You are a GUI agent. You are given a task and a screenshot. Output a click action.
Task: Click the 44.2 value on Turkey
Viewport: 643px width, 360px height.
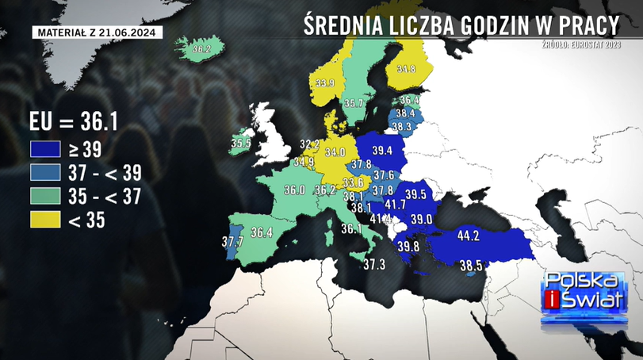pos(469,236)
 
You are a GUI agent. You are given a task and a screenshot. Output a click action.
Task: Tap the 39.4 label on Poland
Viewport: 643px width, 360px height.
pos(382,151)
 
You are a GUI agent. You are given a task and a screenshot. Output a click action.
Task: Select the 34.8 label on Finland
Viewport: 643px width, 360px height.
pos(406,69)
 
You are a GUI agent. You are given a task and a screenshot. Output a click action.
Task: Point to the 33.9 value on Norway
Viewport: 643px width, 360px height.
pos(325,82)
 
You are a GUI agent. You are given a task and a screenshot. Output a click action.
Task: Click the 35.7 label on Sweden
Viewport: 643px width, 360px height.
pos(354,103)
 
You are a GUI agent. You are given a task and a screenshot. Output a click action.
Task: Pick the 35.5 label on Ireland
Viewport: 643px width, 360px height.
pos(241,144)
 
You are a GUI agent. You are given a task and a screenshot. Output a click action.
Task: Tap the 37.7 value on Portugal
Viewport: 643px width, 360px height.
pos(232,241)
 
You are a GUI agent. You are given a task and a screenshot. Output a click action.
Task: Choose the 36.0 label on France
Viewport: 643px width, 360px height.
pos(295,190)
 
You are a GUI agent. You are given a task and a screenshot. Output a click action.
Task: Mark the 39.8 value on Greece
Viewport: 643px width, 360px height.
pos(409,247)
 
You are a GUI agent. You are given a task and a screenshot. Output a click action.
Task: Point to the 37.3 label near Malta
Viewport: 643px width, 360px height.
pos(374,264)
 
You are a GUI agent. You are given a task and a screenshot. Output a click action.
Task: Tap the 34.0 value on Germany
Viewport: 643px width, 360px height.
pos(335,151)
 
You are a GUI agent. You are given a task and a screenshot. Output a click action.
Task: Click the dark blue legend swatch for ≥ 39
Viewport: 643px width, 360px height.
pos(44,148)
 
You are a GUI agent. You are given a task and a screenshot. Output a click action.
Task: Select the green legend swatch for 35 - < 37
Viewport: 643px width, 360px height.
pos(44,196)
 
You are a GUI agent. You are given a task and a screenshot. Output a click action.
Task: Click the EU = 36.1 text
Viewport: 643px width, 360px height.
pos(73,122)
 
